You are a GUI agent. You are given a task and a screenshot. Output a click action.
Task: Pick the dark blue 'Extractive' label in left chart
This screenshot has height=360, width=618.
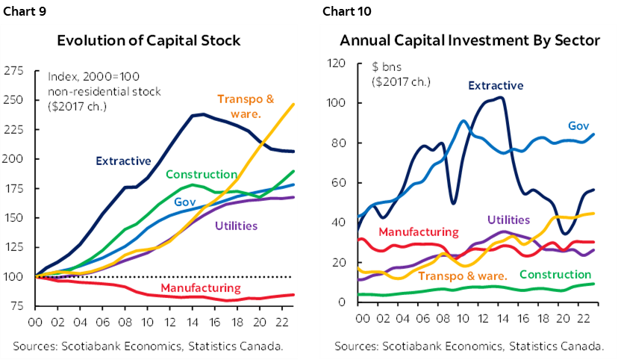(123, 161)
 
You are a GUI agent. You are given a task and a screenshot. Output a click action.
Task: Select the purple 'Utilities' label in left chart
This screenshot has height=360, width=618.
(237, 226)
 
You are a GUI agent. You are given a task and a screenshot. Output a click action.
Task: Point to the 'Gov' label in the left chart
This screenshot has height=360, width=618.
(185, 202)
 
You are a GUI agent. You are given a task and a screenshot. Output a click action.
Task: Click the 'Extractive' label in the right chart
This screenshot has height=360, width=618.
(496, 86)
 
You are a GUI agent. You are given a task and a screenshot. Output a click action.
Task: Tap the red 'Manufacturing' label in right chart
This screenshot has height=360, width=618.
(418, 232)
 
